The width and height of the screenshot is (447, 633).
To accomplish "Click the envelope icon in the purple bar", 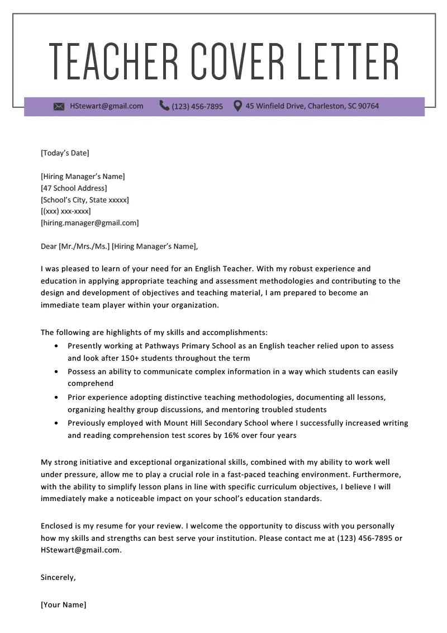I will (x=59, y=106).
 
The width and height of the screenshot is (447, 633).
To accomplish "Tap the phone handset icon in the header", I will (x=164, y=106).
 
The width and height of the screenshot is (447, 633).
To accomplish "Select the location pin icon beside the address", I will (x=237, y=106).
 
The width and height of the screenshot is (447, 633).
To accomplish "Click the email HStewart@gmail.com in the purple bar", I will (x=106, y=106).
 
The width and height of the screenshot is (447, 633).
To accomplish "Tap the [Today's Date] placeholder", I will (x=65, y=153).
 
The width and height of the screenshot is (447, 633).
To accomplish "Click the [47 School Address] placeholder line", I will (x=74, y=188).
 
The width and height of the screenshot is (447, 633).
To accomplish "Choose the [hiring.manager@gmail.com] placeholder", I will (x=89, y=223).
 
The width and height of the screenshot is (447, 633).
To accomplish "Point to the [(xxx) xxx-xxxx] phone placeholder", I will (x=66, y=211).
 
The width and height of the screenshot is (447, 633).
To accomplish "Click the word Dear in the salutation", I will (x=49, y=246).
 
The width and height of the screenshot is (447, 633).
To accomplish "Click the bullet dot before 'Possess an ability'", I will (x=56, y=371).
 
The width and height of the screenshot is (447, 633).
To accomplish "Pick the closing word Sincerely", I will (x=58, y=578).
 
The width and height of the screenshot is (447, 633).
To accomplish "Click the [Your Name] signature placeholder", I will (x=64, y=605).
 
